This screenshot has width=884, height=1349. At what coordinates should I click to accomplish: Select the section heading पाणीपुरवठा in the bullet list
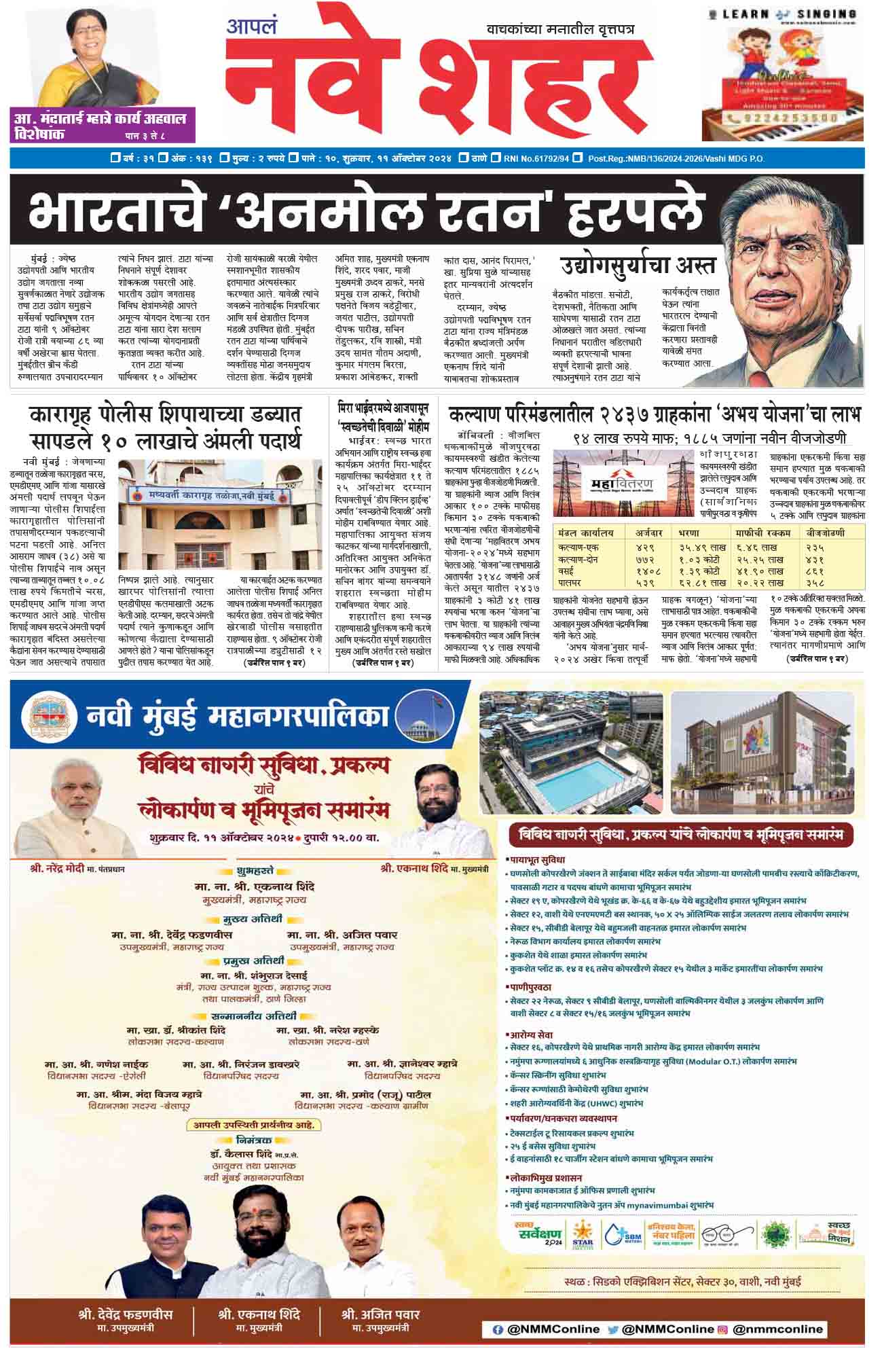point(530,987)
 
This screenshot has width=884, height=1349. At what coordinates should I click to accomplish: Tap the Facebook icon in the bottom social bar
point(498,1329)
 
